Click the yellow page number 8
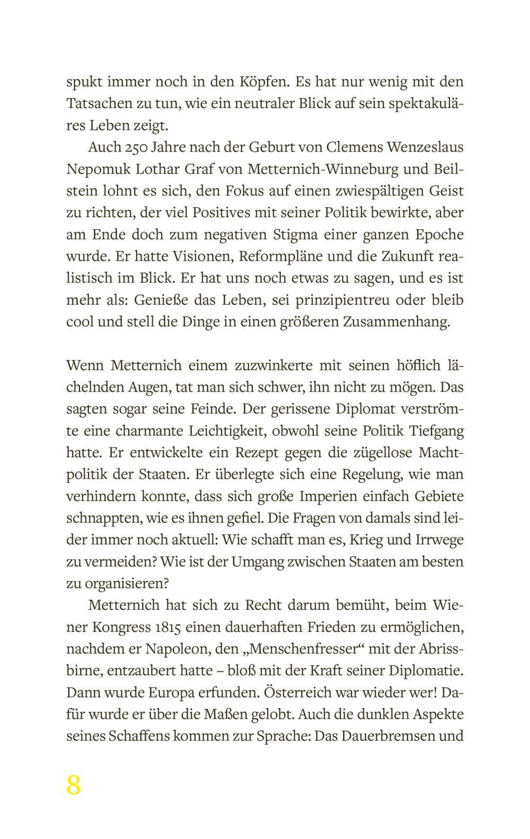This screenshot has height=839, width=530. tap(74, 784)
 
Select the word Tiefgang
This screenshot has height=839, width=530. tap(437, 431)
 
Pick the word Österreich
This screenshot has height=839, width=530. tap(301, 692)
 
